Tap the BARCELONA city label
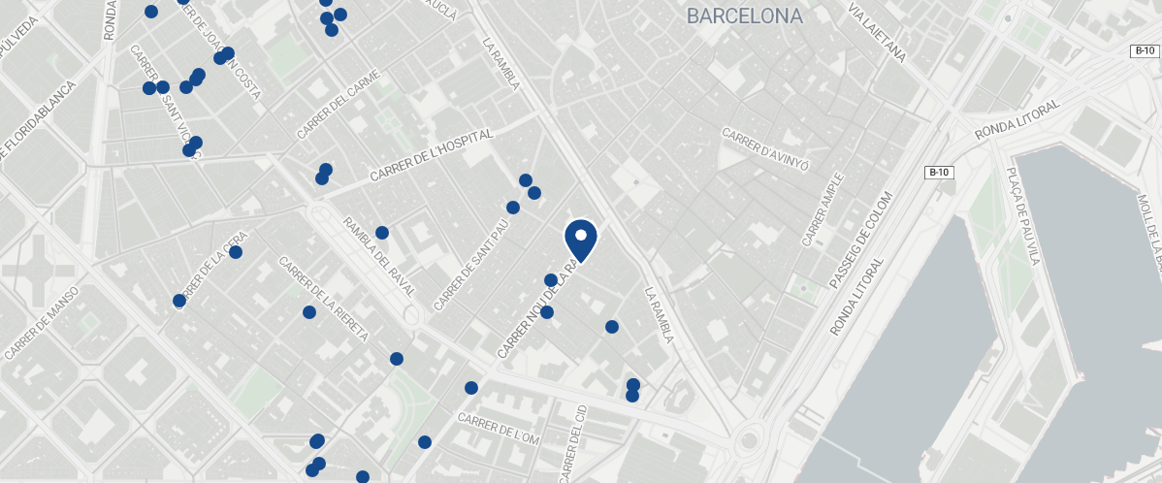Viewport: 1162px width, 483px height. (744, 16)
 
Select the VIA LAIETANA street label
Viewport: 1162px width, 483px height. (877, 33)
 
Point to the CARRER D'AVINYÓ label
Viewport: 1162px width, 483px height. (765, 144)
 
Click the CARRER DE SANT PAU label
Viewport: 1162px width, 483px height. (470, 265)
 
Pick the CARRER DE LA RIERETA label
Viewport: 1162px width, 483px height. (323, 298)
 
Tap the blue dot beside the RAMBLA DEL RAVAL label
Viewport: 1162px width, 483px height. (382, 233)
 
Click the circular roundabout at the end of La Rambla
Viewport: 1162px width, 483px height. (747, 441)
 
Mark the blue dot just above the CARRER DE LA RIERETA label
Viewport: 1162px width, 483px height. (309, 312)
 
